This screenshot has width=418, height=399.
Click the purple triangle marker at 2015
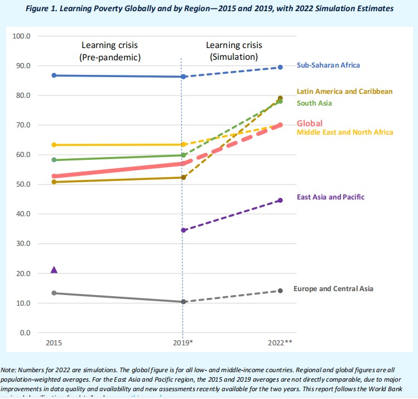click(54, 270)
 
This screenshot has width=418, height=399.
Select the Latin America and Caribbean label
click(344, 91)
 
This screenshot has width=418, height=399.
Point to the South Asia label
click(314, 103)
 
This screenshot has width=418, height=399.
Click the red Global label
click(310, 123)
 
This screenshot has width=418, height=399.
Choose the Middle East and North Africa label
click(344, 132)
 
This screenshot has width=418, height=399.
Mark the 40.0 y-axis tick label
click(23, 214)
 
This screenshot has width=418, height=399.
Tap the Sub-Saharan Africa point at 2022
click(280, 67)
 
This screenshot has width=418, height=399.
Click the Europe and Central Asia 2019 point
click(182, 302)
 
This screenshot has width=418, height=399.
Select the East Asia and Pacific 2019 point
click(182, 230)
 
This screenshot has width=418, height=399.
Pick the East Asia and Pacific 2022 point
click(280, 200)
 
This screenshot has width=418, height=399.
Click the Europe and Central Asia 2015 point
click(54, 293)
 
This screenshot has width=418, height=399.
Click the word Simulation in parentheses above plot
click(234, 56)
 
